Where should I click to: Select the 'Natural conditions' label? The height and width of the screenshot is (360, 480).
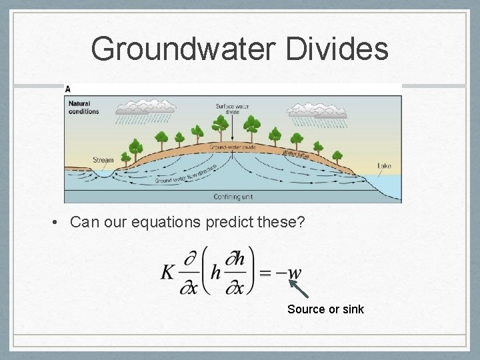pos(83,107)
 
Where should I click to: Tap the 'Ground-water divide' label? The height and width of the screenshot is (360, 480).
pos(232,147)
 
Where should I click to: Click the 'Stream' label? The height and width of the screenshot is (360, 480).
pos(104,160)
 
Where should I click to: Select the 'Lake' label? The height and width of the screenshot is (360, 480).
pos(385,165)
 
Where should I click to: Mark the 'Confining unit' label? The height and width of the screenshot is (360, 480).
pos(233,197)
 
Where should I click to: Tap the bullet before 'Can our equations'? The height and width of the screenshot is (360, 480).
pos(60,222)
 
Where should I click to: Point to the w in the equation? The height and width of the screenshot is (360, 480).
pos(294,273)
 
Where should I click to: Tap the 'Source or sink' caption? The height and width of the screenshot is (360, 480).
pos(325,309)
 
